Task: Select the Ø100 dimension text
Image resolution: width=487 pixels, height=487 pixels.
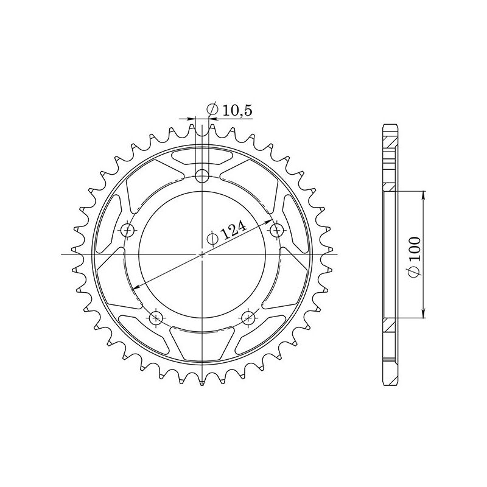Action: (414, 255)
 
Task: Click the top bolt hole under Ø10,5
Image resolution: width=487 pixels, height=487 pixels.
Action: (202, 177)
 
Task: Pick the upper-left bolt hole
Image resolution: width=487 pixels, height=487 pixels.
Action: (128, 230)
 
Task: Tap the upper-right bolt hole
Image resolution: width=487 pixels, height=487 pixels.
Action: (277, 230)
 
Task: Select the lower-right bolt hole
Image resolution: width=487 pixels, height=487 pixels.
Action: (248, 317)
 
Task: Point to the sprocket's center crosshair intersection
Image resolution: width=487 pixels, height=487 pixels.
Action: (202, 254)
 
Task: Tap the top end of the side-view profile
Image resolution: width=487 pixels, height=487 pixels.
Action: (390, 126)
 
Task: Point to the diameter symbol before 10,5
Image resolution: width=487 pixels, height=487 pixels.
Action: (212, 110)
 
